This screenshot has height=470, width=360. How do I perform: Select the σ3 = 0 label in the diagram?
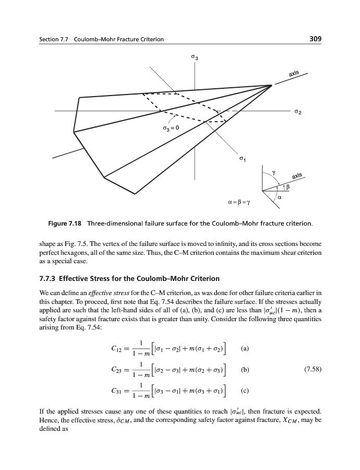[171, 127]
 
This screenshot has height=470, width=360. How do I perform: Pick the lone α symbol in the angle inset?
[280, 197]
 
